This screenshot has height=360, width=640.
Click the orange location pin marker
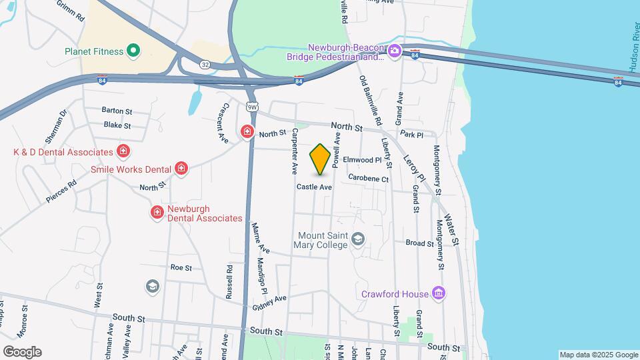(321, 159)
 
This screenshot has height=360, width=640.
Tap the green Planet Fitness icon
(133, 51)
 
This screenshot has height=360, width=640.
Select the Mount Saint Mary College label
(323, 240)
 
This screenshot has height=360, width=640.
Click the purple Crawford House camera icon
(438, 293)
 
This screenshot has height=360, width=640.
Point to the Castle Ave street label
(314, 187)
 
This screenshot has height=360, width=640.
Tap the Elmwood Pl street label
(362, 160)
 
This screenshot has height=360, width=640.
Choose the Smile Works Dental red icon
(181, 169)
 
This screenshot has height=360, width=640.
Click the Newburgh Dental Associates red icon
(157, 213)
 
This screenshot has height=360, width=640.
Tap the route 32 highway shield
(205, 63)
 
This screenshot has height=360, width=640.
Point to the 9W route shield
(252, 107)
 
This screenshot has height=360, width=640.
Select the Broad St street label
(420, 243)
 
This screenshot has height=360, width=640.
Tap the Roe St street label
(181, 267)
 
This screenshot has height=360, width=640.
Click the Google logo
(22, 351)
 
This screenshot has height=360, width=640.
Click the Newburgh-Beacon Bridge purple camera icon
(394, 51)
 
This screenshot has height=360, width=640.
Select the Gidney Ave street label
(269, 303)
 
